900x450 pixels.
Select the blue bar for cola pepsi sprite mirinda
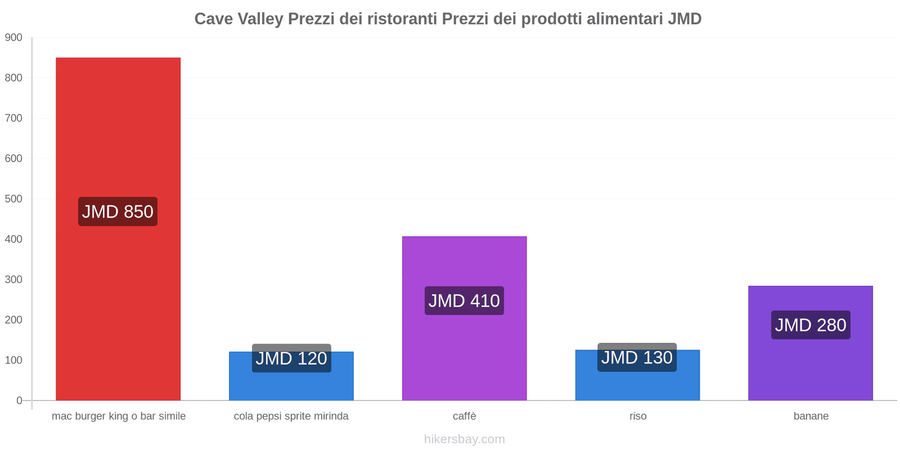pyautogui.click(x=291, y=385)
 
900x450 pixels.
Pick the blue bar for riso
pyautogui.click(x=637, y=385)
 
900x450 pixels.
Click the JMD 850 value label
pyautogui.click(x=118, y=211)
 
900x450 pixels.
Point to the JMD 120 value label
pyautogui.click(x=291, y=358)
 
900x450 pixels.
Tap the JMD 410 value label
pyautogui.click(x=464, y=301)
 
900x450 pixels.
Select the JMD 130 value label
pyautogui.click(x=637, y=357)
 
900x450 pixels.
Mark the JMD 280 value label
pyautogui.click(x=811, y=325)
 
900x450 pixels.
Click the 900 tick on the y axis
pyautogui.click(x=13, y=38)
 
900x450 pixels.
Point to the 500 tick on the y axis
pyautogui.click(x=13, y=199)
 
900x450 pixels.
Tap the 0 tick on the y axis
pyautogui.click(x=19, y=400)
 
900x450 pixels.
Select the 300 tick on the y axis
pyautogui.click(x=13, y=280)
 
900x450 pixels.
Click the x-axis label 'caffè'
pyautogui.click(x=464, y=416)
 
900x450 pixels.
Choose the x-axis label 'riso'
pyautogui.click(x=638, y=416)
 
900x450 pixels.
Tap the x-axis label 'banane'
pyautogui.click(x=811, y=416)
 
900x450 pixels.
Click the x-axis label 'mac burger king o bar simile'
pyautogui.click(x=119, y=416)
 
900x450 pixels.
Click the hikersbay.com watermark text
pyautogui.click(x=464, y=439)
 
